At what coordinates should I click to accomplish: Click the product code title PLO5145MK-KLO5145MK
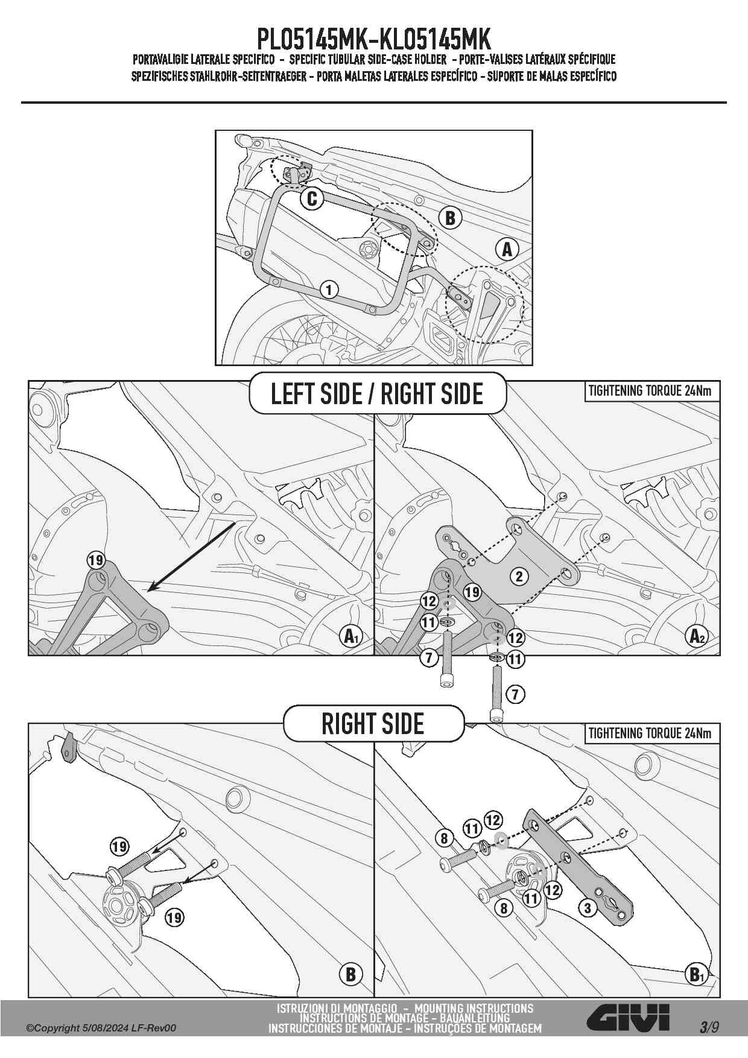(374, 40)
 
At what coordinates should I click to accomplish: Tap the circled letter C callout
(312, 198)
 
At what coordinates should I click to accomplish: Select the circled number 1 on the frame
(329, 290)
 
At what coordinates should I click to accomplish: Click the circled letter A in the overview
(507, 249)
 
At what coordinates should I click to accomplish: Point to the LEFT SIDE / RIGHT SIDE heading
(377, 393)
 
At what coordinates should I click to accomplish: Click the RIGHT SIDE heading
(373, 724)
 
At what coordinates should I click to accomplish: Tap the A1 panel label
(350, 636)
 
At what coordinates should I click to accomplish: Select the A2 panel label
(697, 636)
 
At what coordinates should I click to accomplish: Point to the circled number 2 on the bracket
(519, 576)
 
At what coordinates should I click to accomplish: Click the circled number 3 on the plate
(588, 907)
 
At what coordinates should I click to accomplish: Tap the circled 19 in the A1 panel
(96, 560)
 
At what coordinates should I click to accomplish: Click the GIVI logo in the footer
(629, 1018)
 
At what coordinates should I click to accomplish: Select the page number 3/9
(709, 1027)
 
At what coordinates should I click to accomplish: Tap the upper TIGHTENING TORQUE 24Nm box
(650, 391)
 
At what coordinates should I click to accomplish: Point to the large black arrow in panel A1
(192, 556)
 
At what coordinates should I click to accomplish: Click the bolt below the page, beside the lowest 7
(496, 694)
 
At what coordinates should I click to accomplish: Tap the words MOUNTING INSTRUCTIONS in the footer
(474, 1008)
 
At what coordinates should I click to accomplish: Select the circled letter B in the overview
(450, 218)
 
